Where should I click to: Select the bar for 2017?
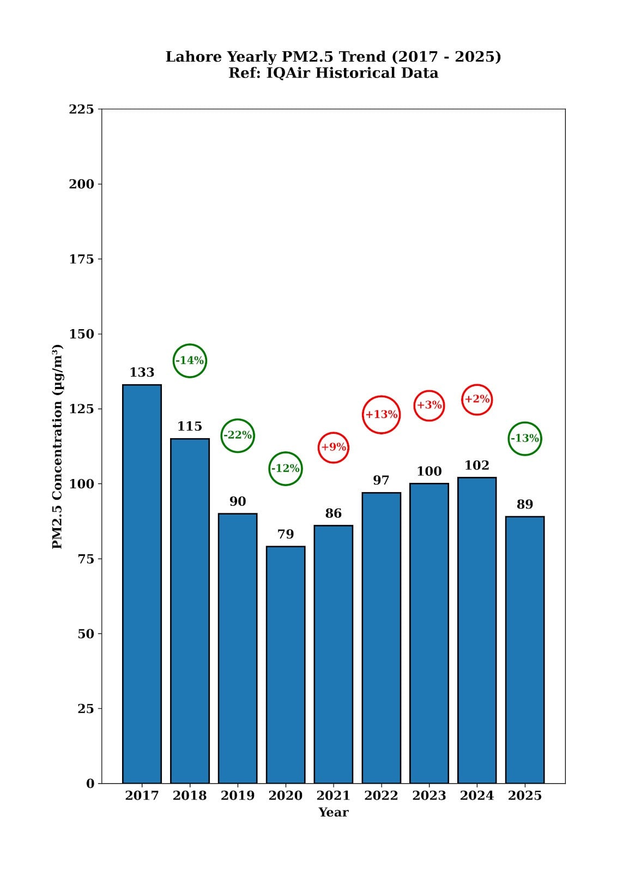[142, 583]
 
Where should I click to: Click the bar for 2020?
[286, 665]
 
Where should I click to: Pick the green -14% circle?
[190, 360]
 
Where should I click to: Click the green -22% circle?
[238, 435]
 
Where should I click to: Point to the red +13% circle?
[381, 415]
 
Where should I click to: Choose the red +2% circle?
[477, 399]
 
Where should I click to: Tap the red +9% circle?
[333, 447]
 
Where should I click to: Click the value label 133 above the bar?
[142, 372]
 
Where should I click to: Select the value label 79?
[286, 534]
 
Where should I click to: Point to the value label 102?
[477, 465]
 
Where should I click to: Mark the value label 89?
[525, 505]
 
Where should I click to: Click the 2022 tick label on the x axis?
[381, 796]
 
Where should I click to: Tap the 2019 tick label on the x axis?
[238, 796]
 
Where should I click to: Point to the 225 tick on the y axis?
[81, 109]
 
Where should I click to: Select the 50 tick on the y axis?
[86, 634]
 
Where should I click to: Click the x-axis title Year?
[333, 813]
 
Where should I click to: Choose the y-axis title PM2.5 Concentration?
[58, 446]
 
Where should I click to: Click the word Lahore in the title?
[193, 57]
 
